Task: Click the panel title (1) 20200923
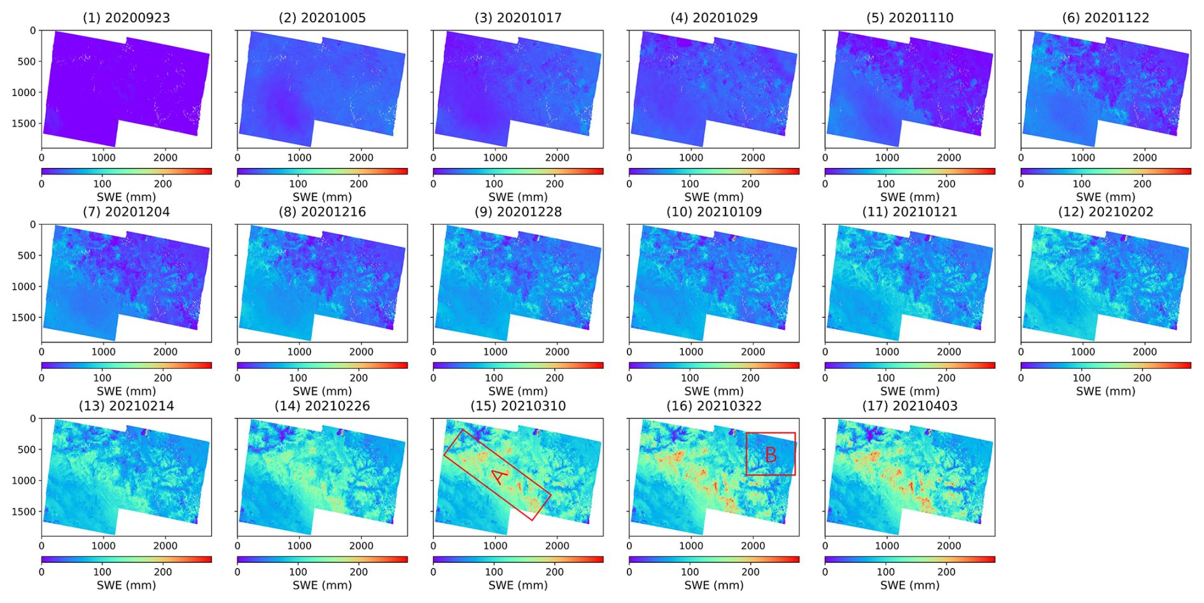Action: pyautogui.click(x=126, y=18)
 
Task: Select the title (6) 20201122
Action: pyautogui.click(x=1105, y=18)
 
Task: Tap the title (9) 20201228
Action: pyautogui.click(x=518, y=212)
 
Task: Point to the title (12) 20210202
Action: pyautogui.click(x=1105, y=212)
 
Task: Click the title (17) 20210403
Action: pyautogui.click(x=909, y=406)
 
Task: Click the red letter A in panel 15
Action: pyautogui.click(x=500, y=476)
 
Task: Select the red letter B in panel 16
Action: pyautogui.click(x=771, y=455)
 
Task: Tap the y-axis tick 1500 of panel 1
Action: pyautogui.click(x=24, y=124)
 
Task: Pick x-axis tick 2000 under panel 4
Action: pyautogui.click(x=753, y=158)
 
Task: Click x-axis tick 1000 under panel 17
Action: pyautogui.click(x=886, y=546)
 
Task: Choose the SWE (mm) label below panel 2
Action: pyautogui.click(x=322, y=197)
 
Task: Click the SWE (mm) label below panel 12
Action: pyautogui.click(x=1105, y=392)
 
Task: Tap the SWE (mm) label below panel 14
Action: pyautogui.click(x=322, y=585)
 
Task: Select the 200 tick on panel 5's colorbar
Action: pyautogui.click(x=946, y=184)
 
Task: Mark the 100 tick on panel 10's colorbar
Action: pyautogui.click(x=690, y=378)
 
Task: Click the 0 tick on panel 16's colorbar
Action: pyautogui.click(x=629, y=572)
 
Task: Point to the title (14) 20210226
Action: pyautogui.click(x=322, y=406)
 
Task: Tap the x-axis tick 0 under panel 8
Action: pyautogui.click(x=238, y=351)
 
